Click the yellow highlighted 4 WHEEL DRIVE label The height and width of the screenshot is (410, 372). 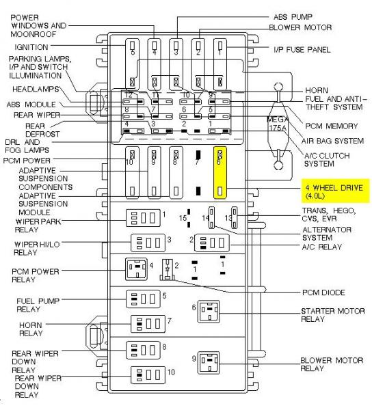(x=335, y=191)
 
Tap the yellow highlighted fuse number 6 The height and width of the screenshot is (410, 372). (x=220, y=173)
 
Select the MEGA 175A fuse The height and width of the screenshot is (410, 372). (x=278, y=126)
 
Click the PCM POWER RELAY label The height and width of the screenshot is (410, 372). (x=36, y=275)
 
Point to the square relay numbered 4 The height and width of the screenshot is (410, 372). (x=136, y=269)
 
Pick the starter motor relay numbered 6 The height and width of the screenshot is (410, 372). (x=209, y=312)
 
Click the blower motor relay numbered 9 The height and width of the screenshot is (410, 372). (x=209, y=363)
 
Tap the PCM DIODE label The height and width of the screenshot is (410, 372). (x=323, y=292)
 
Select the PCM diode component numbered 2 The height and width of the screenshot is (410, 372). (x=168, y=270)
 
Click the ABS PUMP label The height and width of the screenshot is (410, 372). (x=293, y=17)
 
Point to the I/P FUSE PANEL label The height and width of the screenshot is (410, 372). (x=302, y=50)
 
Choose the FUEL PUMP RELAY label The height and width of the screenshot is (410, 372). (x=38, y=305)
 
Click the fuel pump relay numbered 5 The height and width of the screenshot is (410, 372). (x=143, y=299)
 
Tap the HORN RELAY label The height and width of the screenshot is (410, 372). (x=31, y=329)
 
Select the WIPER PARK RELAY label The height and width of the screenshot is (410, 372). (x=38, y=225)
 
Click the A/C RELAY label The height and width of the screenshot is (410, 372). (x=322, y=247)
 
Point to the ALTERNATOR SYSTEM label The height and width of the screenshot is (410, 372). (x=327, y=234)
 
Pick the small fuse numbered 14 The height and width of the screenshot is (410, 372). (x=211, y=217)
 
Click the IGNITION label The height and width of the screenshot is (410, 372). (x=31, y=47)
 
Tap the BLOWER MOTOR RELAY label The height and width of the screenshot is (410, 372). (x=332, y=364)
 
